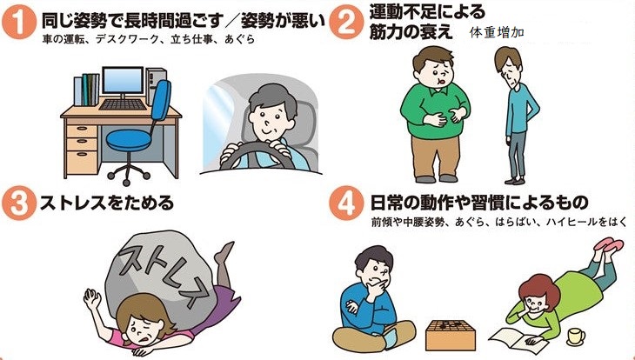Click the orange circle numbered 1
tap(19, 23)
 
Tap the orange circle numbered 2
tap(346, 23)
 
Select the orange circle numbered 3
tap(18, 203)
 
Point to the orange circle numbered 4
tap(346, 203)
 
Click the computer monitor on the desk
tap(123, 83)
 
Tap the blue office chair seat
tap(129, 140)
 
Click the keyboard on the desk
tap(123, 104)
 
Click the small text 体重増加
tap(497, 33)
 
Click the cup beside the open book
tap(576, 337)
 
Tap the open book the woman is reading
tap(513, 339)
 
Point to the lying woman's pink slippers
tap(609, 244)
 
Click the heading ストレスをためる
tap(107, 203)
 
